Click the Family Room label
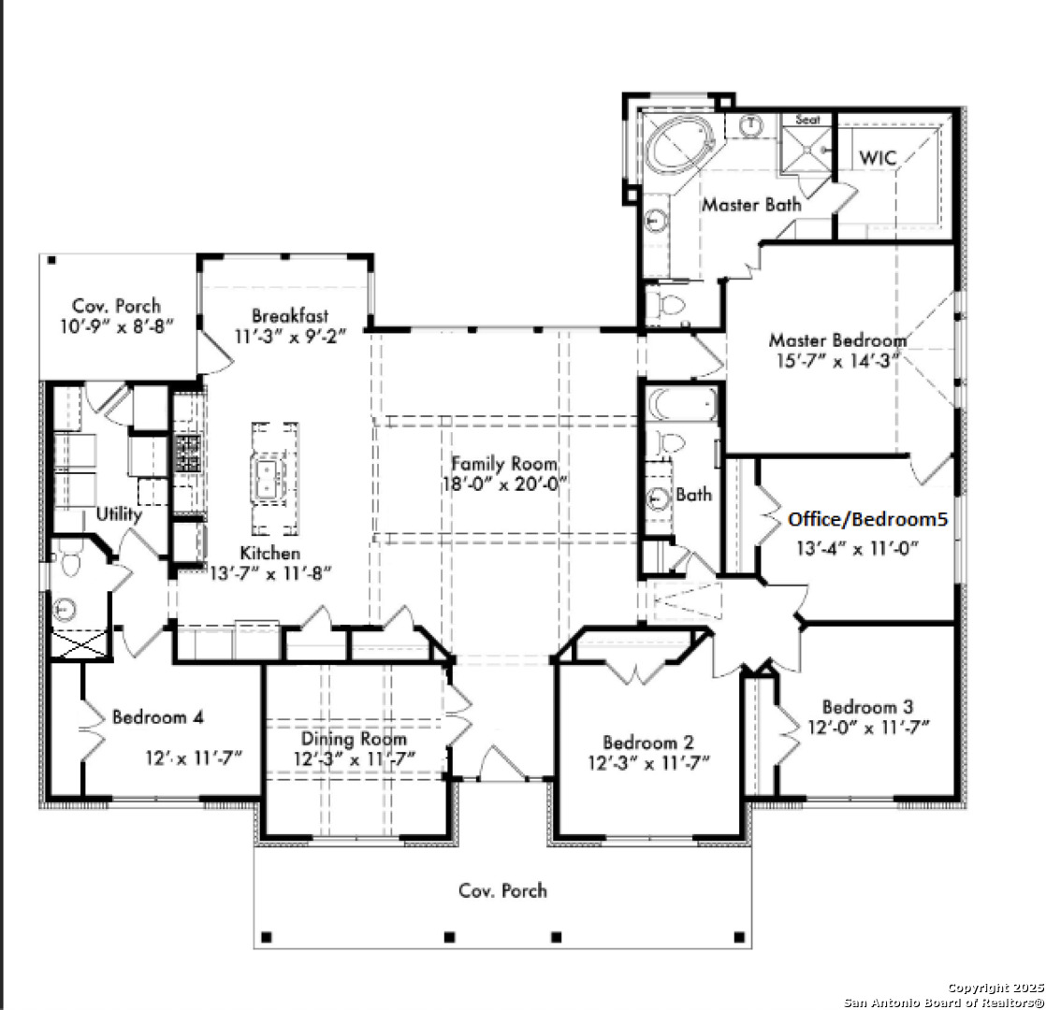click(504, 463)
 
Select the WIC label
click(878, 158)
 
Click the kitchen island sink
click(269, 480)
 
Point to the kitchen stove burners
click(187, 454)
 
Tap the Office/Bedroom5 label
click(867, 519)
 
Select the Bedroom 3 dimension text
click(868, 728)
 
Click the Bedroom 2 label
click(647, 742)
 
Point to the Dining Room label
click(354, 739)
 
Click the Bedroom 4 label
click(157, 716)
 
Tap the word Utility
click(120, 514)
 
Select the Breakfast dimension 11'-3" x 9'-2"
click(290, 336)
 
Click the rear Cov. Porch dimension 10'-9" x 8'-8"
click(117, 326)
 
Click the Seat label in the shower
click(807, 120)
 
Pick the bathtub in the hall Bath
click(681, 404)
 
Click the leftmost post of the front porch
click(266, 937)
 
